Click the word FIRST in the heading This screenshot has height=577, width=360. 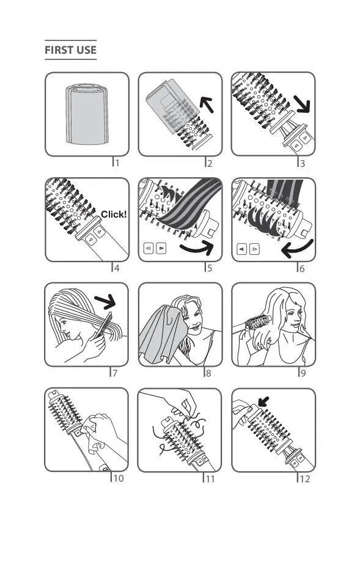[58, 50]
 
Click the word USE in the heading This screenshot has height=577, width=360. [85, 50]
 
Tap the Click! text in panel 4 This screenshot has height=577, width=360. [114, 214]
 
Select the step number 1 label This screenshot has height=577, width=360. [117, 163]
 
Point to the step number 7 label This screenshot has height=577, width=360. [115, 373]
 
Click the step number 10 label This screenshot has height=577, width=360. [118, 478]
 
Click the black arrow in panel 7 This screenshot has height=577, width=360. [106, 302]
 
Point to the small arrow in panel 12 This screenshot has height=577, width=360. [263, 402]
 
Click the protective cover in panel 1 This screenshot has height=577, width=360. [87, 114]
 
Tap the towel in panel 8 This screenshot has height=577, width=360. [163, 334]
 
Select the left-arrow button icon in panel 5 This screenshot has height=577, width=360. [148, 248]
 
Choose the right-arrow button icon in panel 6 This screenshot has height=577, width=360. [254, 249]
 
